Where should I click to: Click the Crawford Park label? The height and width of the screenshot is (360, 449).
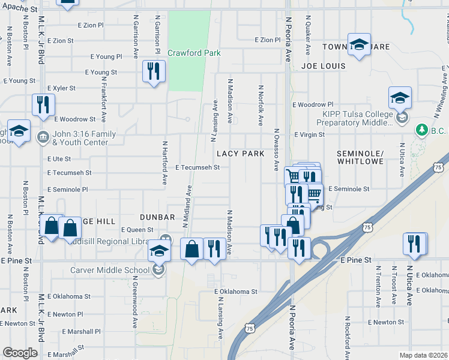[x=194, y=53]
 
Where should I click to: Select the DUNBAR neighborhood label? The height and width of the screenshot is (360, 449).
[x=157, y=217]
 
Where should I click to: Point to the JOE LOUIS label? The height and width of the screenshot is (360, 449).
[x=324, y=65]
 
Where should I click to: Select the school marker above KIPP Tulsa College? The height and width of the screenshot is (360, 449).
[x=400, y=97]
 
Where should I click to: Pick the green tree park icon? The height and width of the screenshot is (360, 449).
[x=422, y=129]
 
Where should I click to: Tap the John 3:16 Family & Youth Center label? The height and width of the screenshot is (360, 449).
[x=80, y=139]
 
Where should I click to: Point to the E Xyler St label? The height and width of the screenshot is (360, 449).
[x=61, y=88]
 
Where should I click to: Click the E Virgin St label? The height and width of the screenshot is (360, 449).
[x=309, y=135]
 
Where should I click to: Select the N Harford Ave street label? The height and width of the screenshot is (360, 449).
[x=164, y=163]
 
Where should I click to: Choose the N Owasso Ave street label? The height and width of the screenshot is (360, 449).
[x=277, y=148]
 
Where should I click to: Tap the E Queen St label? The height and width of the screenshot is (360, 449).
[x=137, y=230]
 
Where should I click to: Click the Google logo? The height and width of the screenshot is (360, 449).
[x=20, y=353]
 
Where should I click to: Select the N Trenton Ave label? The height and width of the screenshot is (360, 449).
[x=378, y=285]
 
